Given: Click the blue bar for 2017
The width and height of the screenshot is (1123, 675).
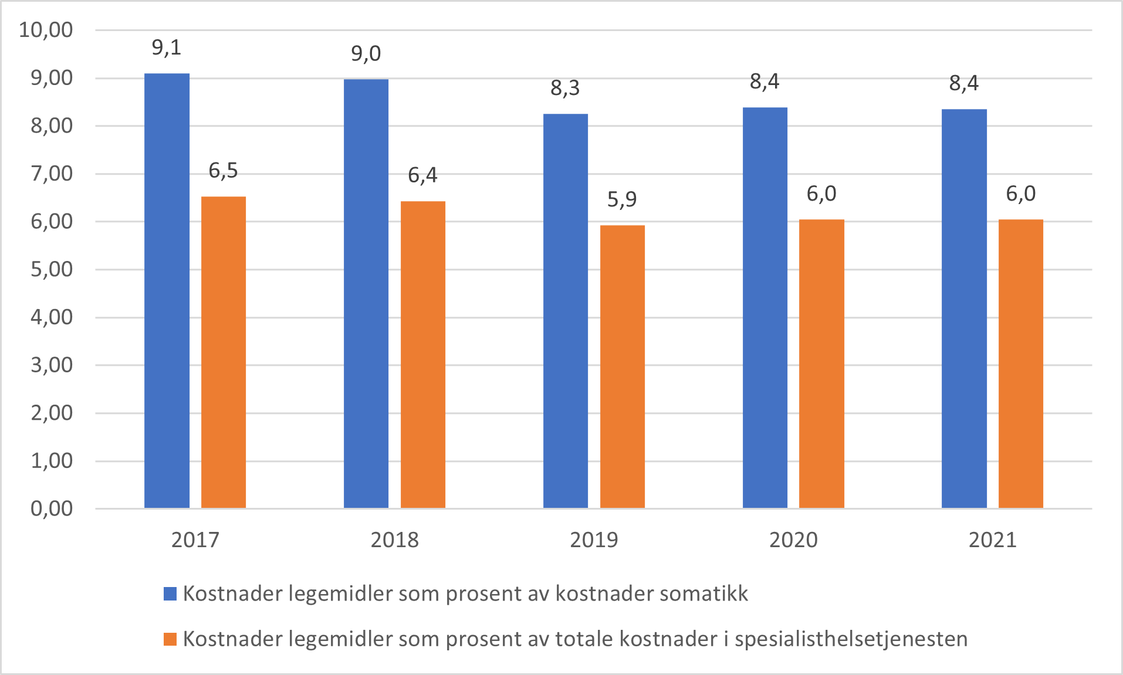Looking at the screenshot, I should (x=167, y=290).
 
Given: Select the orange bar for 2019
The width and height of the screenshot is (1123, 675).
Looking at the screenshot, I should (x=622, y=367).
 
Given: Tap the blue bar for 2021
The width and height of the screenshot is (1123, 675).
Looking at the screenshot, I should (x=964, y=308).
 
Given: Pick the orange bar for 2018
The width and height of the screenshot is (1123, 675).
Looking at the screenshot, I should (x=422, y=354).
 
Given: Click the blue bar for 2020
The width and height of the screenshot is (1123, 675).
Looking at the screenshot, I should (x=765, y=307).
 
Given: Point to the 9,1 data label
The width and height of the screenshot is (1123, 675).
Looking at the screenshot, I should (x=167, y=48).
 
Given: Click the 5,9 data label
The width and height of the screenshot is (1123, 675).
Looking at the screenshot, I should (x=622, y=199).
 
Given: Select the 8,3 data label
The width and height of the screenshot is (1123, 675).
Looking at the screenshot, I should (x=565, y=88).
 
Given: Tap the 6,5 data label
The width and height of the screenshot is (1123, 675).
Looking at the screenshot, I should (x=224, y=171).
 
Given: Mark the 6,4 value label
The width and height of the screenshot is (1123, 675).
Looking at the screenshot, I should (x=422, y=175).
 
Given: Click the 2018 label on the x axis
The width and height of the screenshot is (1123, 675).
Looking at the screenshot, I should (x=394, y=540).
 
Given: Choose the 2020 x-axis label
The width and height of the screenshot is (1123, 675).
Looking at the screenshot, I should (x=793, y=540).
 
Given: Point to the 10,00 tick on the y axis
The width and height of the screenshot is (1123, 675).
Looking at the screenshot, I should (x=46, y=29).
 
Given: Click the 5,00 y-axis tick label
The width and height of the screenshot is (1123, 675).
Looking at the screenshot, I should (x=52, y=269).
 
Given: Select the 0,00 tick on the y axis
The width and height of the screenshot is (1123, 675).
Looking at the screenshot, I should (x=52, y=508).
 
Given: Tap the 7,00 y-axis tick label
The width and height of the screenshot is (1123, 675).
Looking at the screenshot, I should (x=52, y=174).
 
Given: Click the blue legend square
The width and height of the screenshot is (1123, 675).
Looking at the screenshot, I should (x=170, y=593).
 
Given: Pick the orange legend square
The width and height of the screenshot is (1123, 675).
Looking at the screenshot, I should (x=170, y=639).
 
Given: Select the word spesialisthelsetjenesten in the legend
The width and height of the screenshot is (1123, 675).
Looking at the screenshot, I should (x=851, y=639).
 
